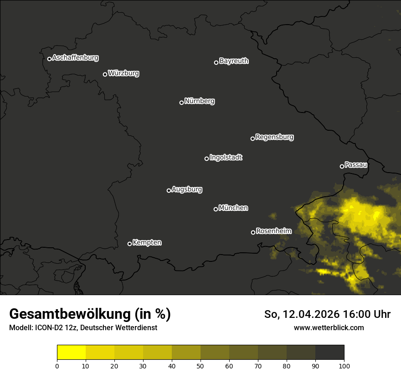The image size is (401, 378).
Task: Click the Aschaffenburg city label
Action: coord(75,58)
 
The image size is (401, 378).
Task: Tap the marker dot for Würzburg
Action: coord(105,74)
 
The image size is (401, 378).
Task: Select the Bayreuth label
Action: coord(234,61)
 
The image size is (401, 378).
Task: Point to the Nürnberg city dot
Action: coord(181,102)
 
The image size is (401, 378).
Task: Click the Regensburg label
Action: coord(274,137)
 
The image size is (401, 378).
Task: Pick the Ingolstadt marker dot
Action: coord(206,158)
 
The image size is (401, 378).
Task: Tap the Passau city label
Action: coord(356,165)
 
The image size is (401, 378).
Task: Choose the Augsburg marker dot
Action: coord(169,190)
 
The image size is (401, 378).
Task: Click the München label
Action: coord(233,208)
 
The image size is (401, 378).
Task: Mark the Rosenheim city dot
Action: coord(253,232)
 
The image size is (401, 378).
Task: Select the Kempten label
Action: coord(147,243)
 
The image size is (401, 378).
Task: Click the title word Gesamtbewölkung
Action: coord(68,314)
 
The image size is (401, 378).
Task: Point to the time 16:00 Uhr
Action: coord(369,314)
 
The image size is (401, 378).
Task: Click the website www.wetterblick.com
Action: coord(329,327)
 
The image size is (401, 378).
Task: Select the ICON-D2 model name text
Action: coord(49,327)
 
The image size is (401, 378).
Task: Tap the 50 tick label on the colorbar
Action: coord(200,365)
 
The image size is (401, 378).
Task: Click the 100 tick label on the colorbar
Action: coord(344,365)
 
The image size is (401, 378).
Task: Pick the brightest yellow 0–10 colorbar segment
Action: coord(72,352)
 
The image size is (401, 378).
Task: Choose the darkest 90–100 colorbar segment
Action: coord(329,352)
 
